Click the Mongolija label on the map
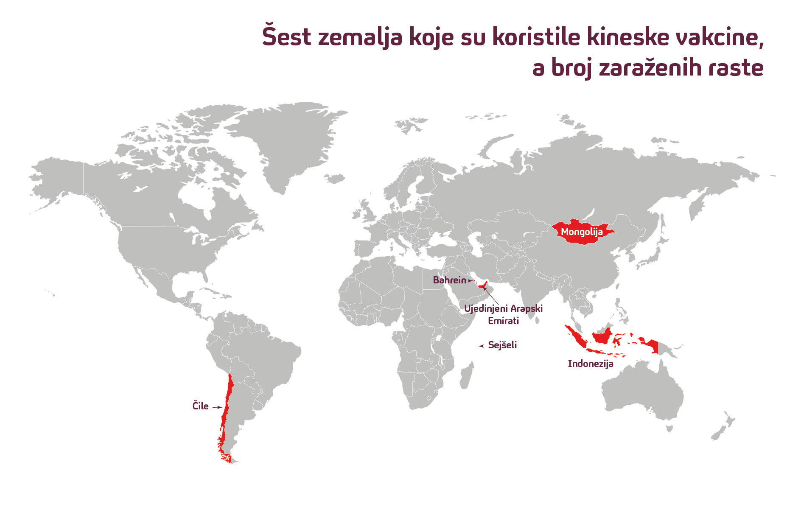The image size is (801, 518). pyautogui.click(x=582, y=232)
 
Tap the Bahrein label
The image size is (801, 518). pyautogui.click(x=449, y=280)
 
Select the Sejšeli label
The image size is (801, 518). pyautogui.click(x=502, y=345)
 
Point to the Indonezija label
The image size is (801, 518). pyautogui.click(x=590, y=364)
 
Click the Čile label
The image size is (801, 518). pyautogui.click(x=200, y=406)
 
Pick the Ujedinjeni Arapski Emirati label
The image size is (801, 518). pyautogui.click(x=503, y=314)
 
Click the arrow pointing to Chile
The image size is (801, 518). pyautogui.click(x=217, y=407)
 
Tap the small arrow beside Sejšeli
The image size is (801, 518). pyautogui.click(x=481, y=346)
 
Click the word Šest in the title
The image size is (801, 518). pyautogui.click(x=287, y=36)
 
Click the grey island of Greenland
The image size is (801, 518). pyautogui.click(x=288, y=140)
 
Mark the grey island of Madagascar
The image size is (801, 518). pyautogui.click(x=466, y=375)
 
